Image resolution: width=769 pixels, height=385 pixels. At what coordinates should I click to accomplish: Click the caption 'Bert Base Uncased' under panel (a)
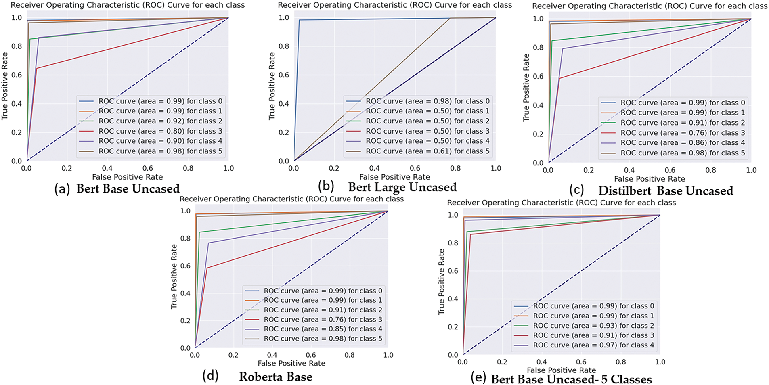pos(128,189)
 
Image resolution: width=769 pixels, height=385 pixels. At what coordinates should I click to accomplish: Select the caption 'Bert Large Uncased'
pos(402,187)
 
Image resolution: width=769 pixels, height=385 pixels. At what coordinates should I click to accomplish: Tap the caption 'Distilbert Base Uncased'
pos(665,191)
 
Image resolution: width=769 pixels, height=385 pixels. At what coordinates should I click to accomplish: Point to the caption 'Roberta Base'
pos(276,377)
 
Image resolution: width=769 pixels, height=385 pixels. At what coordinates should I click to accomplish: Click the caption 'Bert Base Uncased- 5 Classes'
pos(571,379)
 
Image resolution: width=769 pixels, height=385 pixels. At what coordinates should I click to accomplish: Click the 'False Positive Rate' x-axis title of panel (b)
pos(394,177)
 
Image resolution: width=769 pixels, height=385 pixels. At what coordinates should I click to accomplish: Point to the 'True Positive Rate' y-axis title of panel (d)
pos(174,276)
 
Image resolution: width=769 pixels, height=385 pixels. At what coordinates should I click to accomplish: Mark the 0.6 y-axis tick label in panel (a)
pos(17,75)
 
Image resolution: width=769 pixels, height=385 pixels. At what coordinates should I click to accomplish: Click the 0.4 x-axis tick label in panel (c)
pos(629,170)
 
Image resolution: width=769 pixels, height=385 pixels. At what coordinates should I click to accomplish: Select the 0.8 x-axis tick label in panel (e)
pos(620,362)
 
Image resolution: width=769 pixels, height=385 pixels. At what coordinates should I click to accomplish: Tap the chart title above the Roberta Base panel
pos(291,199)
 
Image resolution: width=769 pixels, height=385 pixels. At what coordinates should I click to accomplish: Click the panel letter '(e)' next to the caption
pos(478,378)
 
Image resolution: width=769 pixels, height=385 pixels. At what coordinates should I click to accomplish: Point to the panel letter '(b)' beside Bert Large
pos(326,186)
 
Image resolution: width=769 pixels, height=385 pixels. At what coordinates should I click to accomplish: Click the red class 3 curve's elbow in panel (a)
pos(37,68)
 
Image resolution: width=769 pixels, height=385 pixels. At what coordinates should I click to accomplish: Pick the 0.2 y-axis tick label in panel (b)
pos(284,132)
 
